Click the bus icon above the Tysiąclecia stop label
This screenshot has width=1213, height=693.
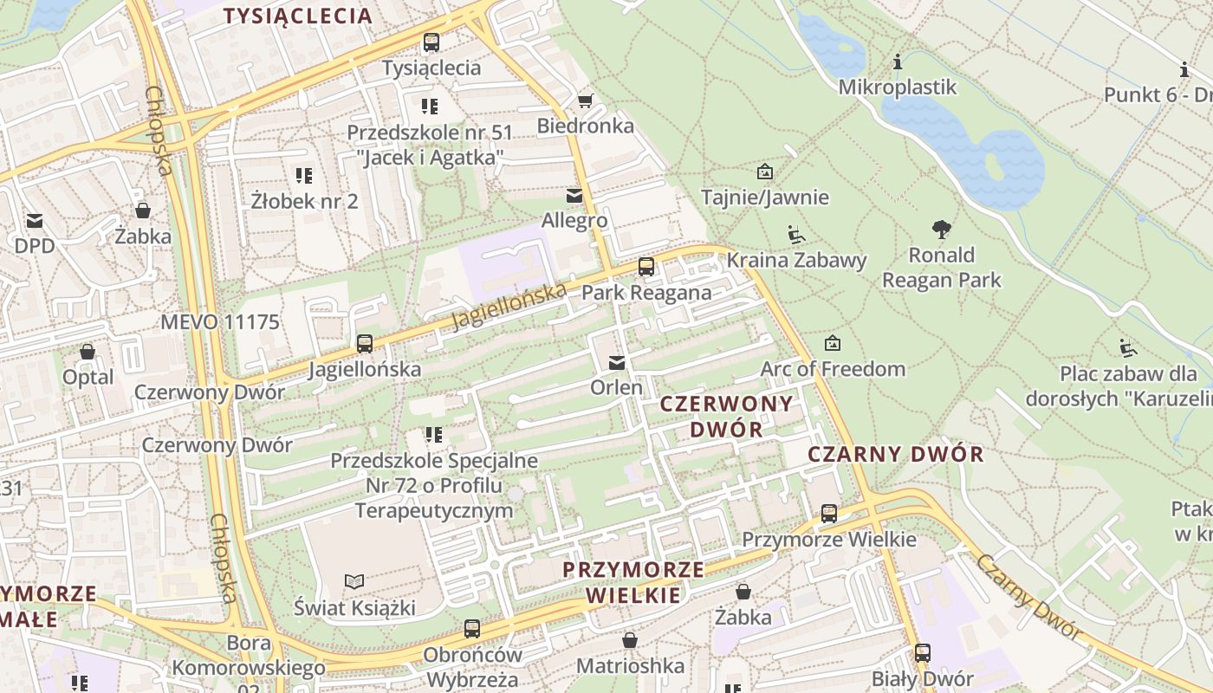431,42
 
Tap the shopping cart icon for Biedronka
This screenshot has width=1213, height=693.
586,101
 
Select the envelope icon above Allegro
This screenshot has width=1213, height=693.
574,196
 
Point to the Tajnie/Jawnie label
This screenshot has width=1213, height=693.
764,198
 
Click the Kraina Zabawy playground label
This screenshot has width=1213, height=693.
796,260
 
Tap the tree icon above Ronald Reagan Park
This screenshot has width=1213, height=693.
942,230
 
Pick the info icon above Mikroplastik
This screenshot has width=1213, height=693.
898,62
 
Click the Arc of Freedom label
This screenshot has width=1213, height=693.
833,369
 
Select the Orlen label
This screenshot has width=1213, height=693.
617,387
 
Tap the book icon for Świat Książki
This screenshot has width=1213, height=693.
354,581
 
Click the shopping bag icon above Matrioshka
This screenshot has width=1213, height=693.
630,641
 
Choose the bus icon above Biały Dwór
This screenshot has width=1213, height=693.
923,653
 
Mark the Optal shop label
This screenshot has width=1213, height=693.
88,377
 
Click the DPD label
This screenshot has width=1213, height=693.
35,246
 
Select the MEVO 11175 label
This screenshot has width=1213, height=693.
220,322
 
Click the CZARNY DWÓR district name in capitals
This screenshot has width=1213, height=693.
896,454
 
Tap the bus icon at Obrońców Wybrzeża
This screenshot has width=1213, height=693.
472,629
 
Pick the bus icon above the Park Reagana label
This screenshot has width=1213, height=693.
646,267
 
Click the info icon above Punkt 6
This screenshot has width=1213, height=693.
1184,70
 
